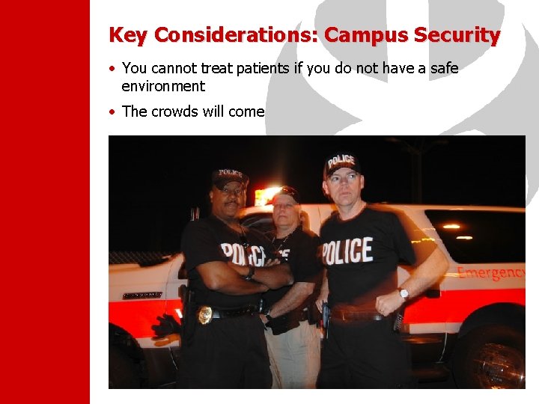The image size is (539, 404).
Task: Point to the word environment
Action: coord(163,86)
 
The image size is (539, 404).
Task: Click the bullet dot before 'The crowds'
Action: coord(112,111)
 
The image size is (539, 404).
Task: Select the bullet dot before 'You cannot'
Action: coord(112,69)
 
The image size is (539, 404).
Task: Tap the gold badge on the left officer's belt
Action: coord(204,314)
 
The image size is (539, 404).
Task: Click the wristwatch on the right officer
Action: coord(404,293)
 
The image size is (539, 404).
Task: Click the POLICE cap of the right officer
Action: coord(342,163)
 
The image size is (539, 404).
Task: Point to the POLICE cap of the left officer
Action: coord(228,177)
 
